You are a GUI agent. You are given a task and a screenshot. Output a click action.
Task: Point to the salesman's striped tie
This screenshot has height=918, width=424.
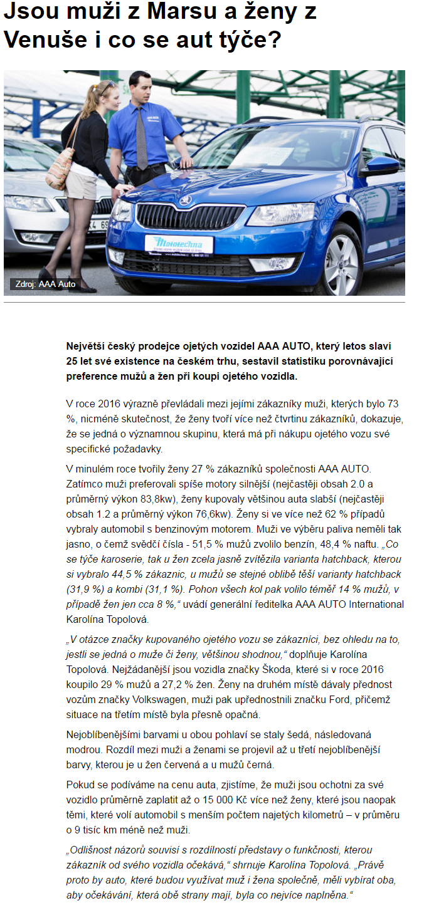[142, 137]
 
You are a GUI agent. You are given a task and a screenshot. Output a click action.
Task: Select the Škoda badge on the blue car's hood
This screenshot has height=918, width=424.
[184, 201]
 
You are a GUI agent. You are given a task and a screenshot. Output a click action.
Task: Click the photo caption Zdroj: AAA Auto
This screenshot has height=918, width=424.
[45, 284]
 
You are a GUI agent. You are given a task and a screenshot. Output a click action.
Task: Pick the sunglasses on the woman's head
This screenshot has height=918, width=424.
[107, 86]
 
